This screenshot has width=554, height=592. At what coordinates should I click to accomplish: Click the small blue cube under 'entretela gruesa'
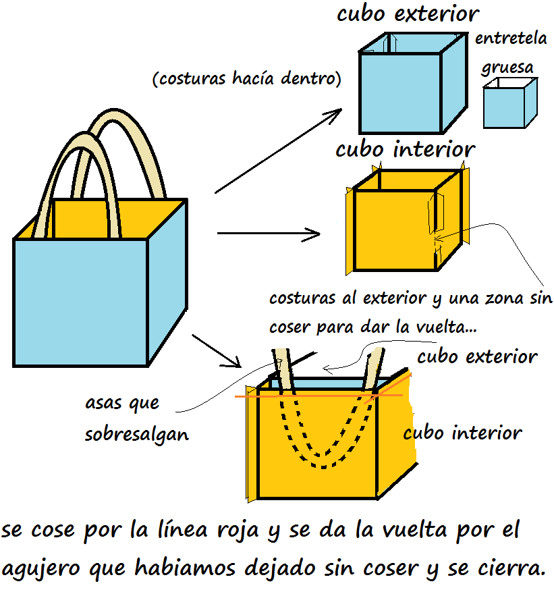(x=505, y=109)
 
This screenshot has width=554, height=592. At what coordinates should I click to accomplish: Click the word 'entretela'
(x=510, y=38)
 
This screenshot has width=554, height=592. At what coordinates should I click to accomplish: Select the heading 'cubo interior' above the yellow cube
(x=405, y=149)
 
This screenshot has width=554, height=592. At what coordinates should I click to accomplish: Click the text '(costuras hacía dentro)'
(x=247, y=79)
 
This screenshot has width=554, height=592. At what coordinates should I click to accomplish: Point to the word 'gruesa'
(x=507, y=68)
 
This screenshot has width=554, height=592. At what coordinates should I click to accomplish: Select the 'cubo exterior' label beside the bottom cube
(x=476, y=356)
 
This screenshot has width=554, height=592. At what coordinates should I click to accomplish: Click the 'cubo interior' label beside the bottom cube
(x=462, y=432)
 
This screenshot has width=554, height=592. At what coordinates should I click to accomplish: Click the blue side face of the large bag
(x=167, y=284)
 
